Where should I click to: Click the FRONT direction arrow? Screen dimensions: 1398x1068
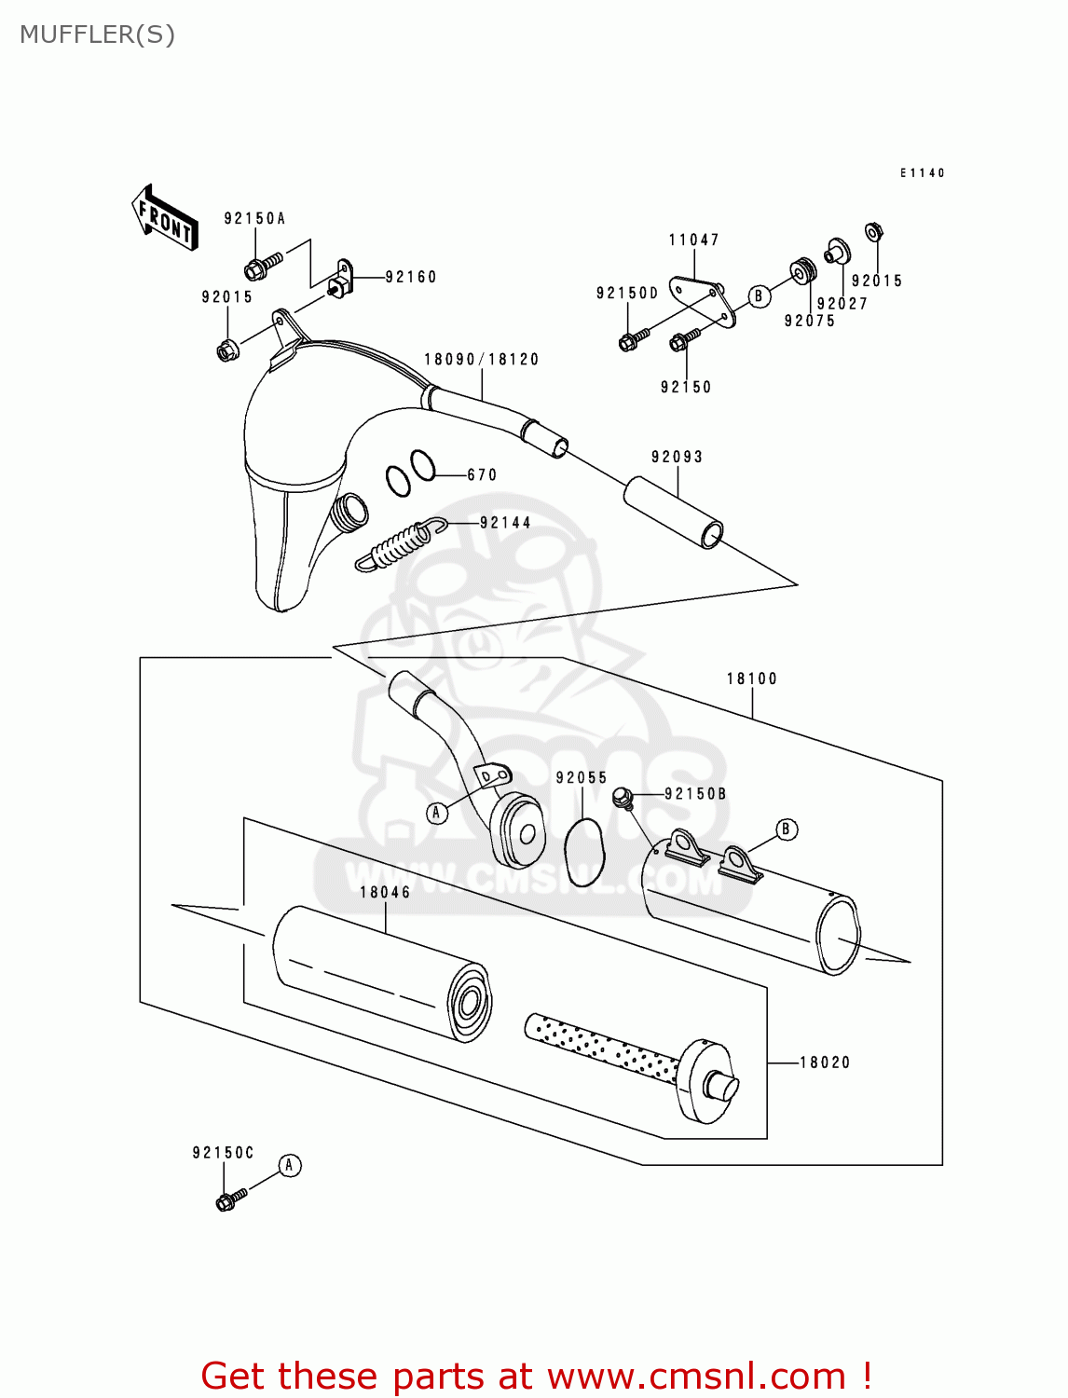165,217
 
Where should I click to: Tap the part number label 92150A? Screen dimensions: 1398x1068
254,219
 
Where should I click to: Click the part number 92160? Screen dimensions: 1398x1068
411,277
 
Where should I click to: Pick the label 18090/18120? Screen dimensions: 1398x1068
481,360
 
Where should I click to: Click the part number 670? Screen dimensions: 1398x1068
482,475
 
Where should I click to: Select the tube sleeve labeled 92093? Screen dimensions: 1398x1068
673,513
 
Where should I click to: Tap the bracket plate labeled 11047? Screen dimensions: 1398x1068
704,298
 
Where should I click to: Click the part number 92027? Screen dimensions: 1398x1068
842,304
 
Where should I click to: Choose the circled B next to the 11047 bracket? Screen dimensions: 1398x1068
760,296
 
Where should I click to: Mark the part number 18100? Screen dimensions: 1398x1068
751,679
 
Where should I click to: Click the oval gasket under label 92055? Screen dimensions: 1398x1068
584,853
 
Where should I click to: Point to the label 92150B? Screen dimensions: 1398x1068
695,794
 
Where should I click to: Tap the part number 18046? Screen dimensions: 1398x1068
385,893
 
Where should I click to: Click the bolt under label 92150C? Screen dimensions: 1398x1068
230,1199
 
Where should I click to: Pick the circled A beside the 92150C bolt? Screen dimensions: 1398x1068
290,1165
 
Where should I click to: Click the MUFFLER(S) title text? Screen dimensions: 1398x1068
97,34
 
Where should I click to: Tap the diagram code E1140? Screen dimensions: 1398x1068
922,173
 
